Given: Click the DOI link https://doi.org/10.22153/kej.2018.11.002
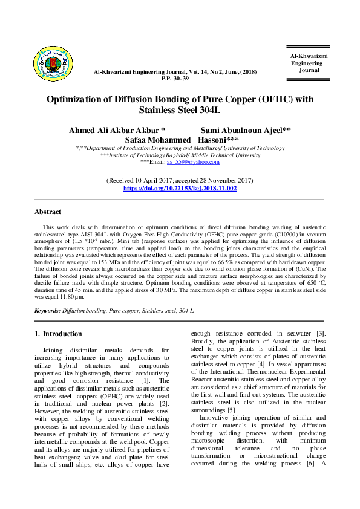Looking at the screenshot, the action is [x=180, y=189].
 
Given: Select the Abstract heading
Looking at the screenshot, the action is [x=48, y=212].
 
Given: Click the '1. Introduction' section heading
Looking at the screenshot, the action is [x=58, y=334].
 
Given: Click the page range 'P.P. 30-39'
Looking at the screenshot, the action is [x=175, y=79].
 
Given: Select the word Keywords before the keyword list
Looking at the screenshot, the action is [x=47, y=310].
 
